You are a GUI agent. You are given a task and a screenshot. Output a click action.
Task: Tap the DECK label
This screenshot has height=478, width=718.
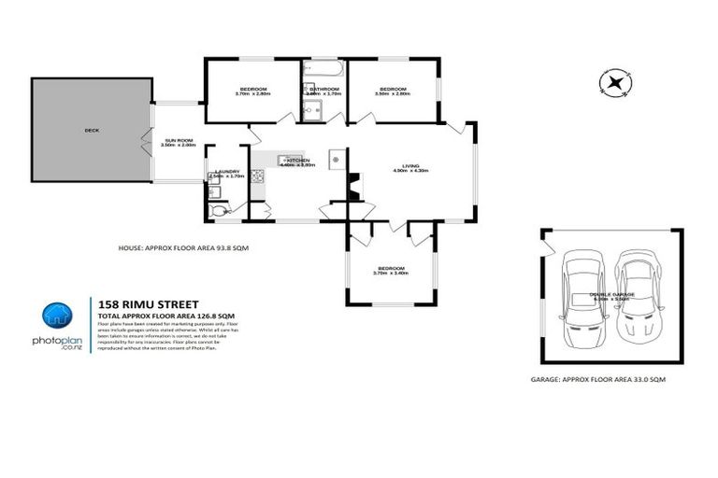91,131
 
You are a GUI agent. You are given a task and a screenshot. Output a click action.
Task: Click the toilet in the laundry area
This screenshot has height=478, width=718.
220,212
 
